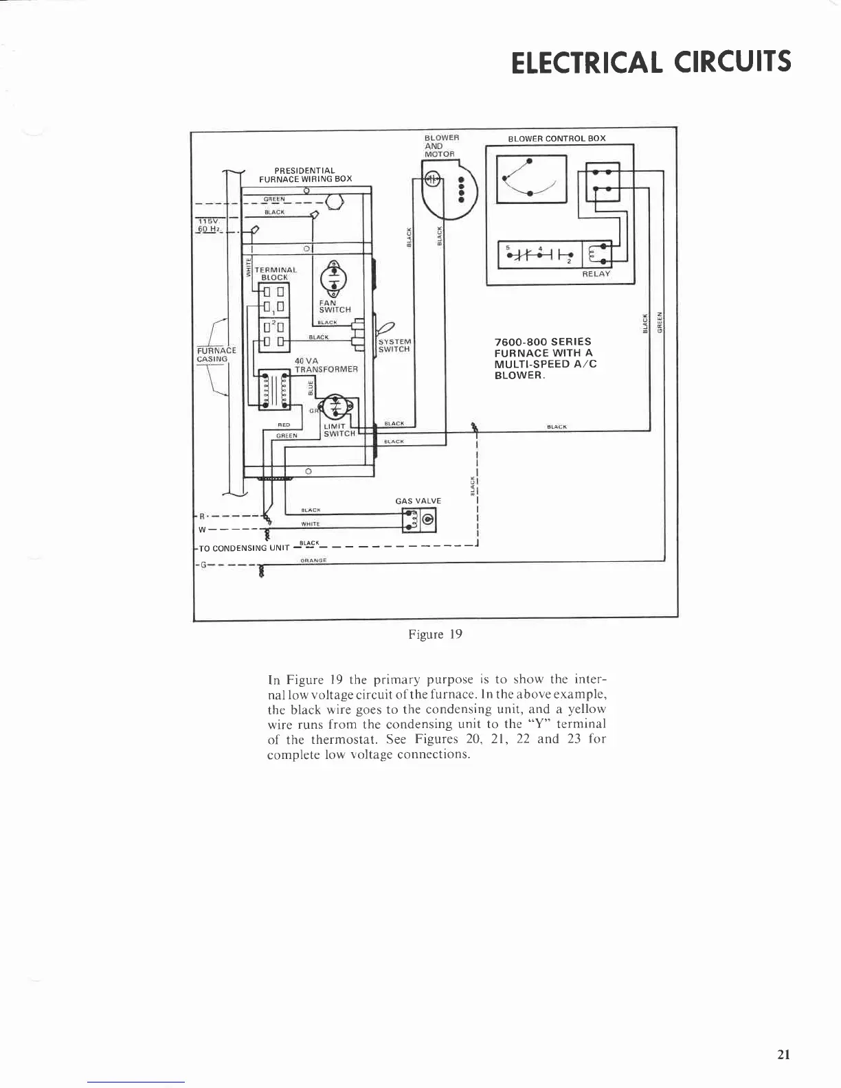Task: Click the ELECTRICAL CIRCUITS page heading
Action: point(651,61)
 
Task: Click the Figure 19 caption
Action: point(435,634)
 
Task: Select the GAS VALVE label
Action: point(418,501)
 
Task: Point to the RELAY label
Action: point(596,273)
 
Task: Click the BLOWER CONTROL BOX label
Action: point(557,138)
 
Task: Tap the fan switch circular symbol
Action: point(334,278)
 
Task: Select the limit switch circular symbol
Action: point(335,407)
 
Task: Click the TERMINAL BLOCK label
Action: point(275,273)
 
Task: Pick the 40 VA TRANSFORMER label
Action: point(326,365)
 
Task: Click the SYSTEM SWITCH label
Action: point(394,345)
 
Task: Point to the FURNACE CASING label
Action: point(216,354)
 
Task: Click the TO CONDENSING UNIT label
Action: point(243,548)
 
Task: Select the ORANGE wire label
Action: point(314,560)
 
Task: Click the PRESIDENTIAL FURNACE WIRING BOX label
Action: point(305,174)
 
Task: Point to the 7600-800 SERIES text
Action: point(543,341)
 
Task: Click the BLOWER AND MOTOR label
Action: point(441,146)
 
